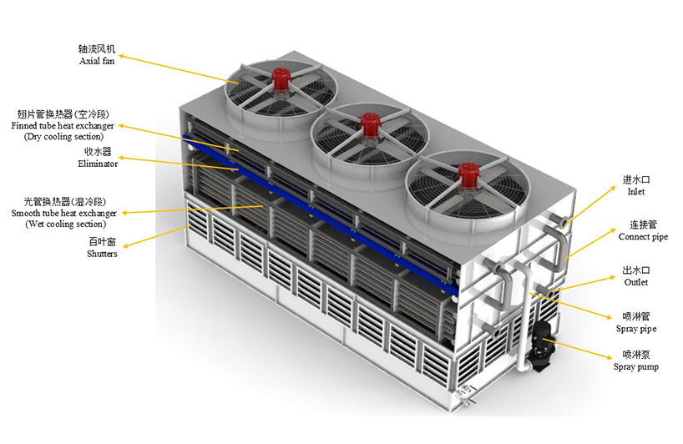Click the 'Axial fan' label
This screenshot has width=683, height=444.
(x=97, y=61)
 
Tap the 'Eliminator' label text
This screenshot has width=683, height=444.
(x=98, y=164)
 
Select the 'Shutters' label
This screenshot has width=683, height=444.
(x=102, y=254)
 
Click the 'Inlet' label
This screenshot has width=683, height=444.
(x=636, y=191)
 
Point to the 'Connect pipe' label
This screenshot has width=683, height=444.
(x=643, y=237)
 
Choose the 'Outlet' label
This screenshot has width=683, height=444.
(x=636, y=282)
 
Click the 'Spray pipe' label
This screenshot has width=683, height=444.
(x=636, y=329)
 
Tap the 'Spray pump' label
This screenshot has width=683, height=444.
(x=636, y=366)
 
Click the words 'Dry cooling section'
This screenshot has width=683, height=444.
(x=63, y=136)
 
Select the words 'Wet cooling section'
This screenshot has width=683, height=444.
(x=65, y=225)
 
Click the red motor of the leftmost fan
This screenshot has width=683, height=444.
(x=281, y=79)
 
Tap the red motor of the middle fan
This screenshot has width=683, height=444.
(x=370, y=124)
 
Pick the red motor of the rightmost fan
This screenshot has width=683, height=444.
(x=468, y=174)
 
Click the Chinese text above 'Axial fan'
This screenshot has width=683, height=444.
(x=97, y=48)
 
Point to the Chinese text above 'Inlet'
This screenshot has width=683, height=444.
(x=636, y=179)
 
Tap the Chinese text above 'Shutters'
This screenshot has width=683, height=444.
(x=103, y=241)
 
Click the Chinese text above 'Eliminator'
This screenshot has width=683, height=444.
(x=98, y=152)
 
